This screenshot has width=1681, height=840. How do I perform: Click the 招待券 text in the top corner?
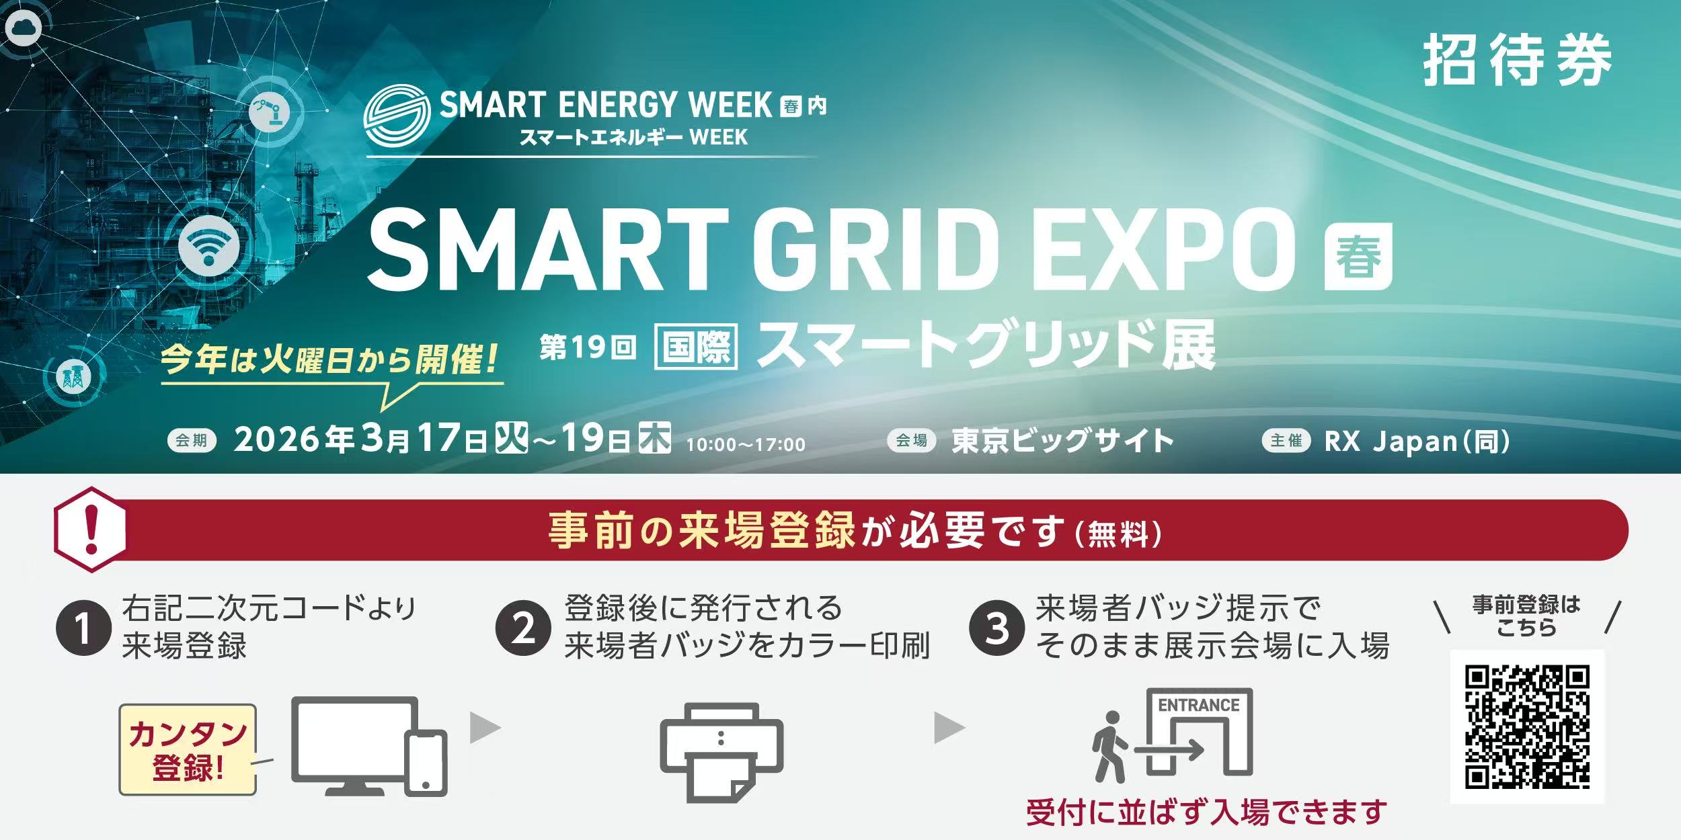pyautogui.click(x=1517, y=60)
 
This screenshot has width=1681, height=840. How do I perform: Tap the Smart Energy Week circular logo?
pyautogui.click(x=397, y=115)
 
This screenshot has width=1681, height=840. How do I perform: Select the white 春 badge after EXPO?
pyautogui.click(x=1358, y=256)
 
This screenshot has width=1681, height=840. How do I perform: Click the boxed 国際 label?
pyautogui.click(x=696, y=347)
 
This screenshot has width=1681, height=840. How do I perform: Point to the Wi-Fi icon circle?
pyautogui.click(x=209, y=245)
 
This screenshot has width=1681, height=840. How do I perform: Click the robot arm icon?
pyautogui.click(x=269, y=111)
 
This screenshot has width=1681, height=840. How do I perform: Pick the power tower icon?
pyautogui.click(x=73, y=376)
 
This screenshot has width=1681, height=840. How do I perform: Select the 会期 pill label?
pyautogui.click(x=192, y=440)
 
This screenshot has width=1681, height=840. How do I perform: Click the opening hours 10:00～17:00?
pyautogui.click(x=746, y=444)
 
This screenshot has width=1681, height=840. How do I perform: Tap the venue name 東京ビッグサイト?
pyautogui.click(x=1062, y=441)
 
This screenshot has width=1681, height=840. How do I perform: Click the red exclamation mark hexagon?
pyautogui.click(x=90, y=530)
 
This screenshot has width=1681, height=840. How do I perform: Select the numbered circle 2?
pyautogui.click(x=523, y=629)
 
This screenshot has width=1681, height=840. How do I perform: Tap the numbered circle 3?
pyautogui.click(x=996, y=629)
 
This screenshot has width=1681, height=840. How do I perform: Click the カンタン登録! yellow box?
pyautogui.click(x=188, y=750)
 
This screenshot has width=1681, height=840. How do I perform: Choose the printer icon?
pyautogui.click(x=721, y=752)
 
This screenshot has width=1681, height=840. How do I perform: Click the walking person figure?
pyautogui.click(x=1106, y=747)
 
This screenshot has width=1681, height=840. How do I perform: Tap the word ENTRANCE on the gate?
pyautogui.click(x=1199, y=705)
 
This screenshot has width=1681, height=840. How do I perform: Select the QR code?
pyautogui.click(x=1527, y=726)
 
